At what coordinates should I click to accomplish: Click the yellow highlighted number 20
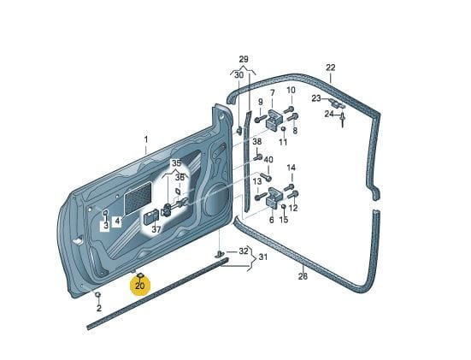coord(139,286)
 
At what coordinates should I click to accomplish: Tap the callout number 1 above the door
coord(146,139)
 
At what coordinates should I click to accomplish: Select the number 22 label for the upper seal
coord(331,68)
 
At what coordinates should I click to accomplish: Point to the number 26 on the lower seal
coord(303,276)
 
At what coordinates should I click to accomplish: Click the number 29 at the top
coord(244,59)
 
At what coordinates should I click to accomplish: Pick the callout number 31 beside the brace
coord(262,257)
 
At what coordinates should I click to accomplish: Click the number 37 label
coord(156,230)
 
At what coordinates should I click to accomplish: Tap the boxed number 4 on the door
coord(117,221)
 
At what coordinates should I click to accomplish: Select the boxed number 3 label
coord(105,226)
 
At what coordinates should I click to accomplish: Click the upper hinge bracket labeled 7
coord(274,120)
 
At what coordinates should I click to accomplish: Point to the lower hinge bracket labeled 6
coord(274,198)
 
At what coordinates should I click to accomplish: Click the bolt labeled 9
coord(260,119)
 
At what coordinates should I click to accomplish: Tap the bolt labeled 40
coord(266,177)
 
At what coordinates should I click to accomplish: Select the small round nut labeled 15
coord(283,206)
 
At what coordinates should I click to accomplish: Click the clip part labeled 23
coord(337,103)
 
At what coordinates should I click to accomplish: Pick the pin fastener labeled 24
coord(343,120)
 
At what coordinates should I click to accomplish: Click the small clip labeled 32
coord(221,254)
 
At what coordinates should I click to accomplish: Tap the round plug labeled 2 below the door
coord(97,294)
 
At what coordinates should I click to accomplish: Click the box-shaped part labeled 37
coord(150,217)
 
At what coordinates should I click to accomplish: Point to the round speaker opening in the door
coord(216,199)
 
